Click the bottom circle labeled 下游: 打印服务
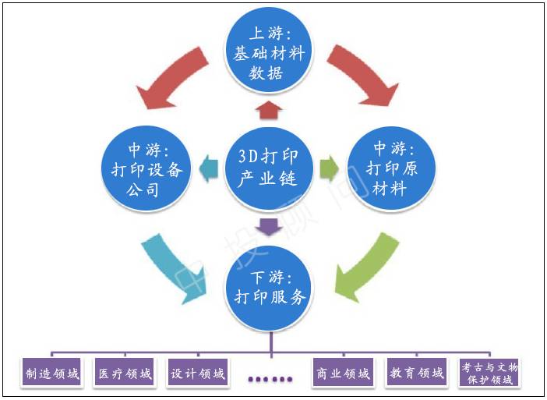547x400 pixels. [x=268, y=285]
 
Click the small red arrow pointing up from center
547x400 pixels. [x=268, y=110]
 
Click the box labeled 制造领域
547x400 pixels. [x=51, y=373]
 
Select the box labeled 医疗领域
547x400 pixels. [x=123, y=373]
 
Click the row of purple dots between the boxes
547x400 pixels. [x=270, y=379]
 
